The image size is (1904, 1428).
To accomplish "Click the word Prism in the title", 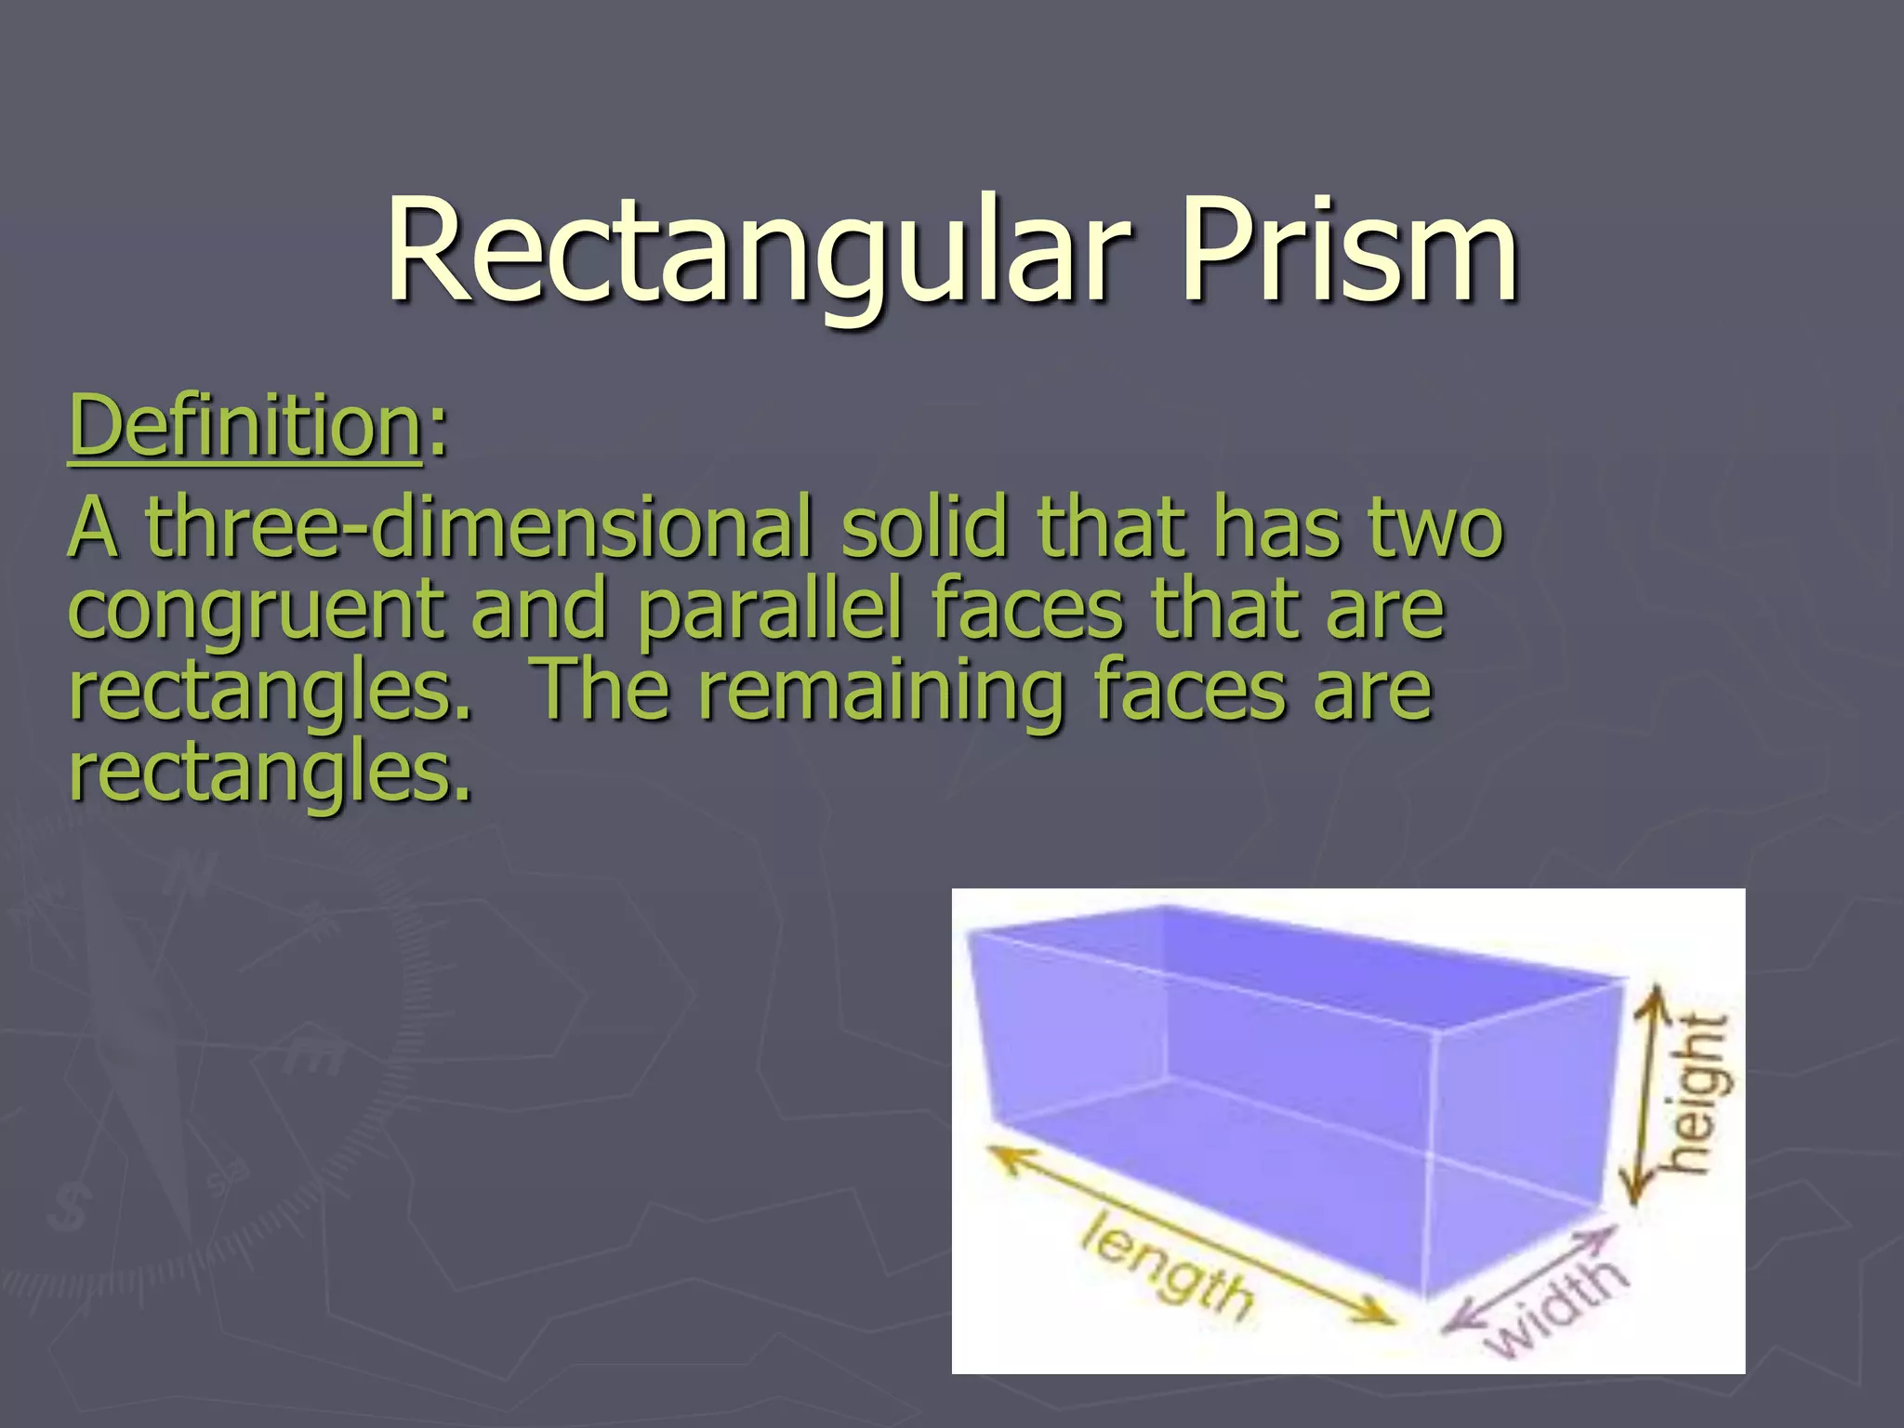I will (1348, 251).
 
